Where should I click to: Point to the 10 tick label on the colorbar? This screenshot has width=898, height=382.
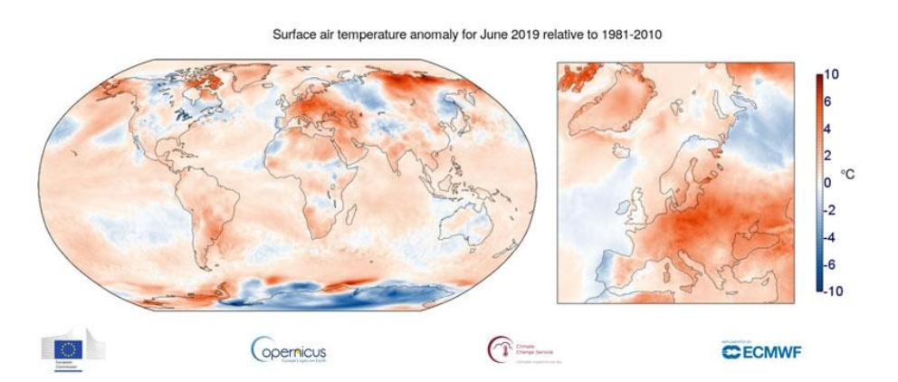(x=832, y=75)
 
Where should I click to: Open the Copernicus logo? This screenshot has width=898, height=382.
(x=287, y=349)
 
